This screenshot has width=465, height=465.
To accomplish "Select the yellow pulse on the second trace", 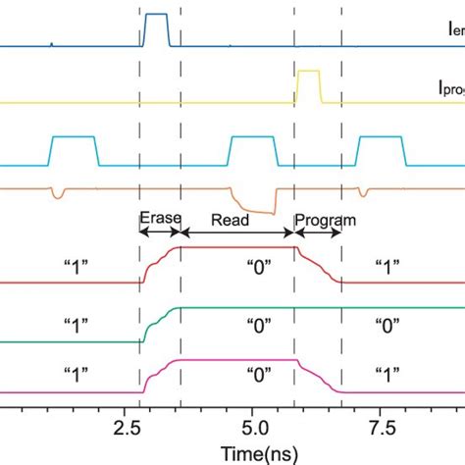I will (308, 84).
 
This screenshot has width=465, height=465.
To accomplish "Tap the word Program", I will (325, 221).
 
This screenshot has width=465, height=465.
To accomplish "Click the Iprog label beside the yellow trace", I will (450, 87).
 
